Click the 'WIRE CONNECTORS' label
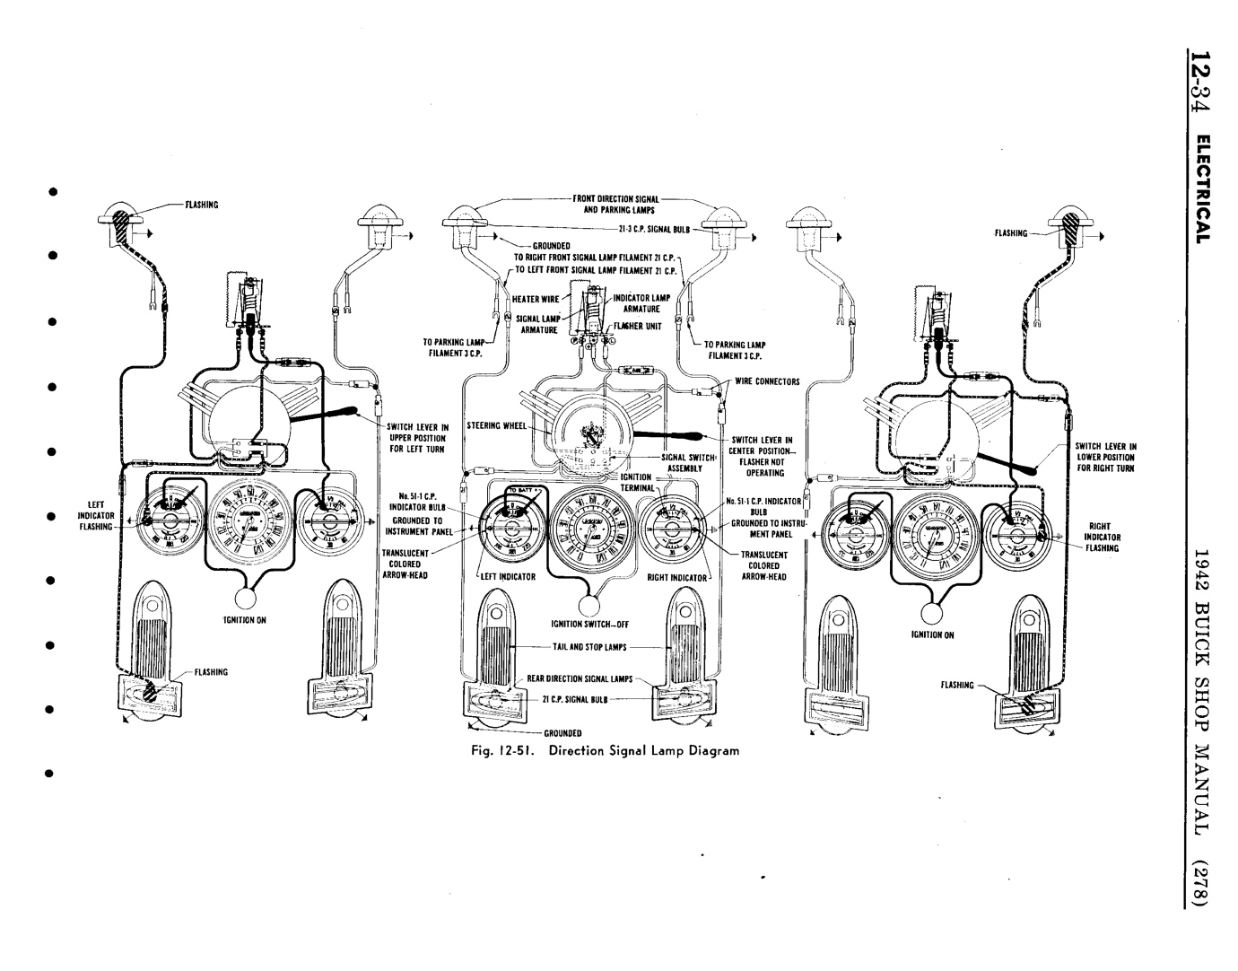click(x=767, y=381)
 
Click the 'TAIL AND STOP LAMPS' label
click(x=588, y=646)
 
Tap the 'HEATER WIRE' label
click(x=536, y=299)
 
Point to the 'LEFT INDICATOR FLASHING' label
click(x=97, y=516)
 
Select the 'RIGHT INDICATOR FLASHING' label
click(x=1101, y=537)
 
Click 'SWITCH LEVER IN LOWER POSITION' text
click(x=1106, y=456)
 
